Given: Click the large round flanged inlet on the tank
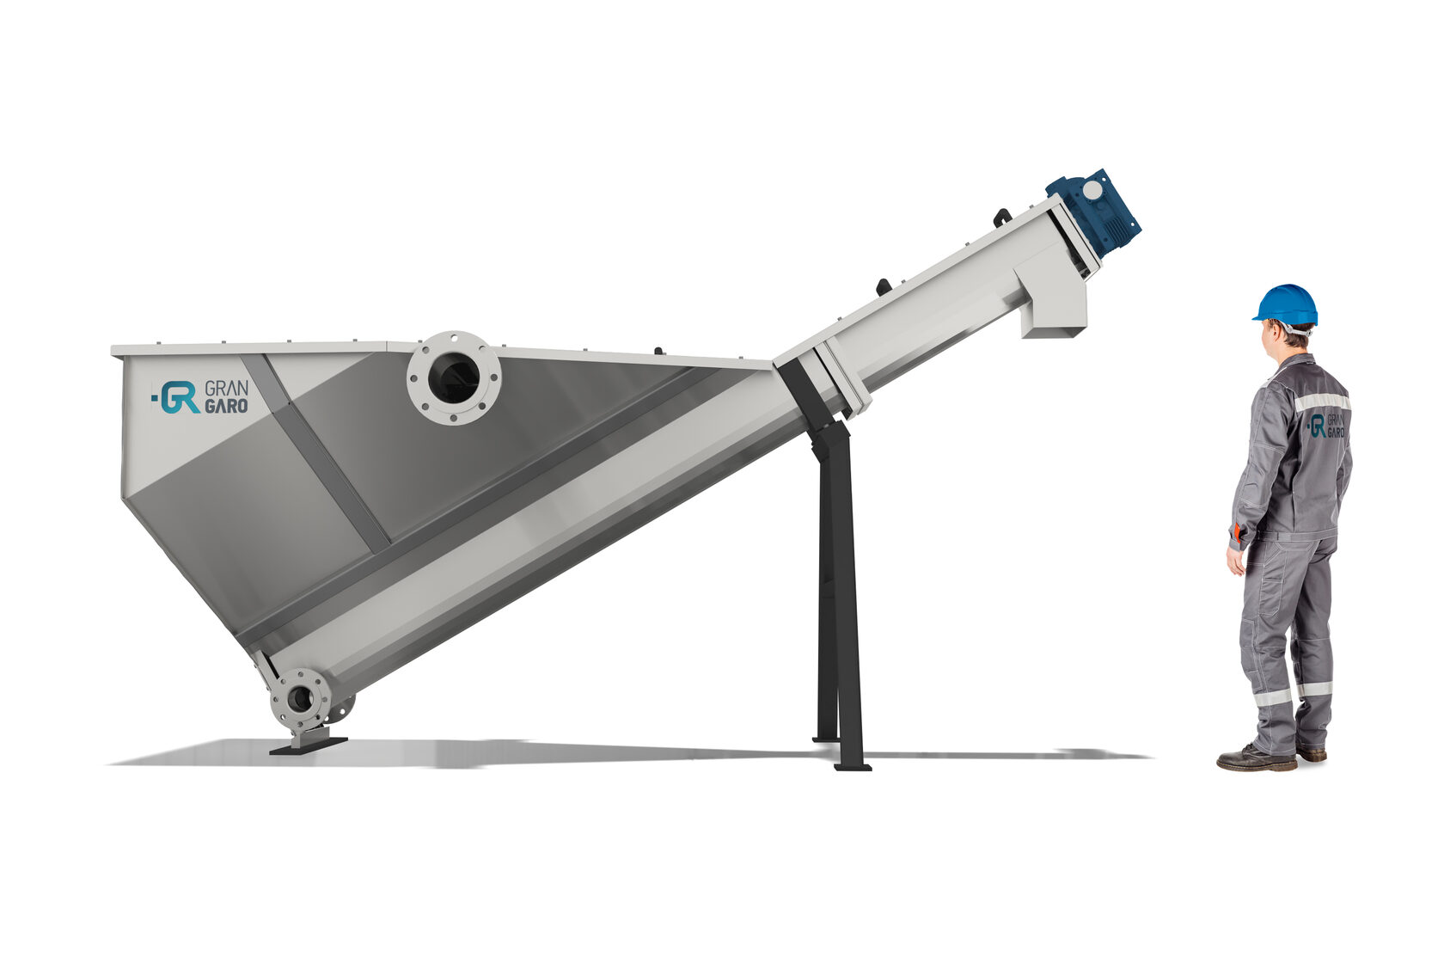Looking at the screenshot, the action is pos(454,378).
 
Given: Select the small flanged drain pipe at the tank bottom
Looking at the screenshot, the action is pos(301,698).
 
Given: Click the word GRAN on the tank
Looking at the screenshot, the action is pos(226,389).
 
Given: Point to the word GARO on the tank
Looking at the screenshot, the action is pos(226,407).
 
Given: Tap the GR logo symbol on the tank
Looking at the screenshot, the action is pos(176,396).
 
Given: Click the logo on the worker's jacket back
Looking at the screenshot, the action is pos(1328,426).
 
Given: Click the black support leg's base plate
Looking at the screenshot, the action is pos(853,767).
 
